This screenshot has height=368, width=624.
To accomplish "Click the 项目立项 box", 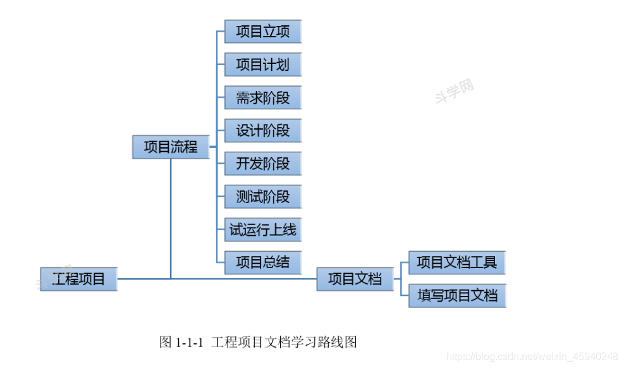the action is [262, 31].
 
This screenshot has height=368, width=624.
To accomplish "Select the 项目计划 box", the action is [262, 64].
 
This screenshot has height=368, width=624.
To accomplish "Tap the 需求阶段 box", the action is [262, 97].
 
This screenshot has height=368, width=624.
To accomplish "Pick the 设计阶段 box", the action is [262, 130].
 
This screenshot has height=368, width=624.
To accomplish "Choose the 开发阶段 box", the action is [262, 163].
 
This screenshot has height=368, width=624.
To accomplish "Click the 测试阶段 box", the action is [262, 196].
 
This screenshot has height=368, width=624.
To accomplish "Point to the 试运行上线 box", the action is [262, 229].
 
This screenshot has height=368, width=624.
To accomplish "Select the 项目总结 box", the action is [262, 262].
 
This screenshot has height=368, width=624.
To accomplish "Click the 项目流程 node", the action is [171, 147].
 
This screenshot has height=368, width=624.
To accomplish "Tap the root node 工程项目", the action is [78, 278].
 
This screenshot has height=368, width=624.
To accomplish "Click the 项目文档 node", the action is [355, 278].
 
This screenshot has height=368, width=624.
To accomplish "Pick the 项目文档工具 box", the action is [456, 262].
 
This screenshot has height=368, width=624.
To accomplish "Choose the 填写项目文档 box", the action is [456, 295].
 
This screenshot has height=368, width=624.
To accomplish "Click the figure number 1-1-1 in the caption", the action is [190, 343].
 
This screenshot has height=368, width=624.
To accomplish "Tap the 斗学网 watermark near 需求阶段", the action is [455, 91].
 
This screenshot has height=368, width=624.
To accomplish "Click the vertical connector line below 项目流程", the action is [171, 215].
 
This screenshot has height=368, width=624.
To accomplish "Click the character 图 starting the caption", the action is [166, 343].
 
